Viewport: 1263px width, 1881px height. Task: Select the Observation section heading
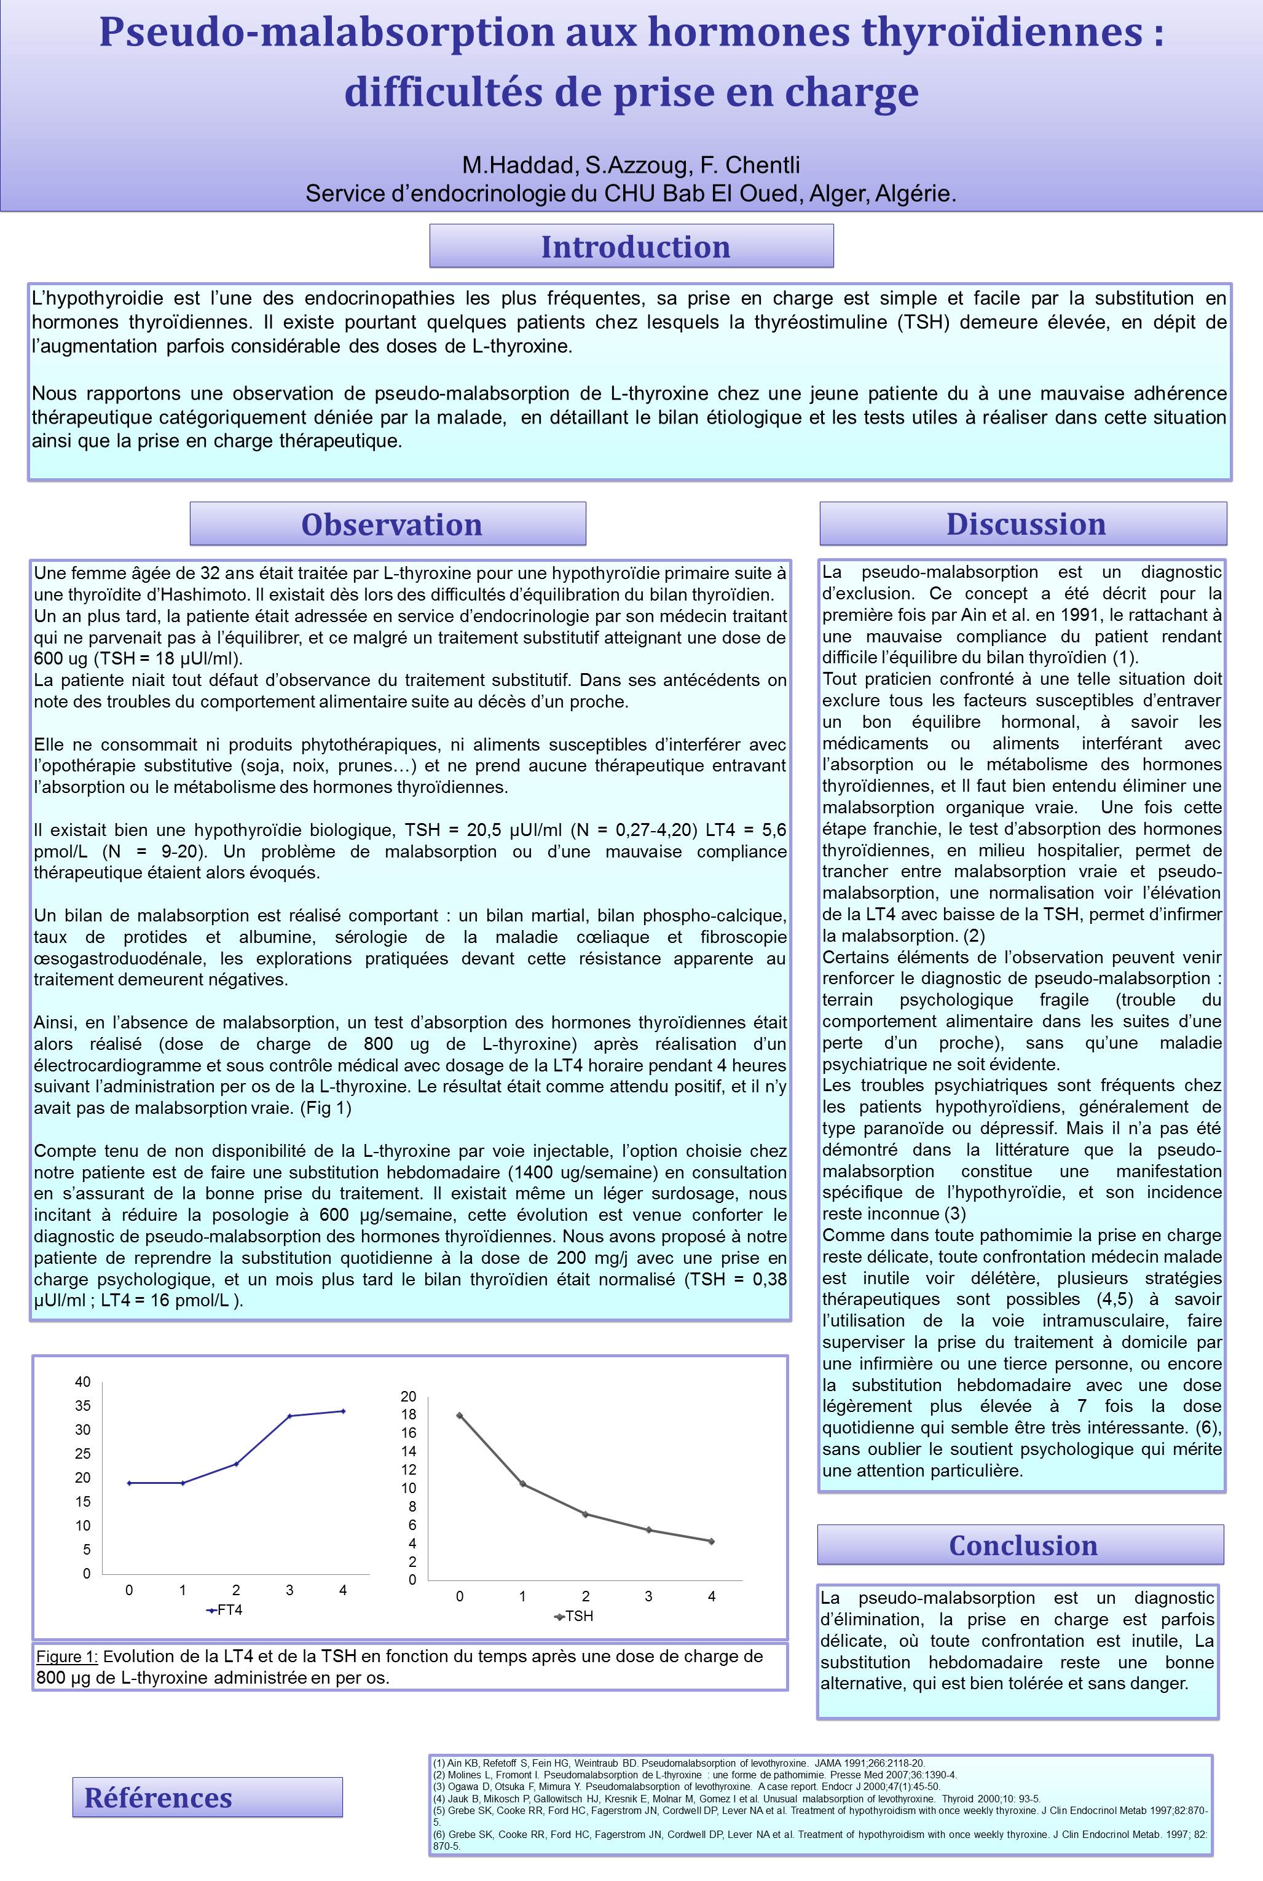pos(391,524)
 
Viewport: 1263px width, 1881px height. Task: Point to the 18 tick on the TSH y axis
pos(409,1414)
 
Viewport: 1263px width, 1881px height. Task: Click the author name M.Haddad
pos(519,165)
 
